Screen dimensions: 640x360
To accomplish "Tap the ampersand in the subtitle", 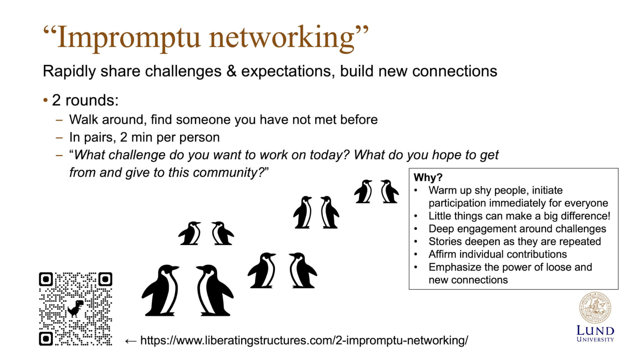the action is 231,71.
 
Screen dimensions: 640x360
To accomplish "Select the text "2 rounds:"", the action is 85,100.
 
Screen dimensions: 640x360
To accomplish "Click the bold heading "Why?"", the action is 428,177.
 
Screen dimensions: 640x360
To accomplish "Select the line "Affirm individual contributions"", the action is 497,254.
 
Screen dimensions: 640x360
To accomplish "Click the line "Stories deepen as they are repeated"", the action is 515,242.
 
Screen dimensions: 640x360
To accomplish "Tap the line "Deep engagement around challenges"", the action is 517,229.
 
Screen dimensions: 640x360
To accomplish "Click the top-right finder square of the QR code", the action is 105,279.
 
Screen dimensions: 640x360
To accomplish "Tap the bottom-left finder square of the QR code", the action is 46,338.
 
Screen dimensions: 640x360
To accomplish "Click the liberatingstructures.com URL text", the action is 304,340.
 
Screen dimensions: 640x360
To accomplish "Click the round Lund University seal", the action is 595,308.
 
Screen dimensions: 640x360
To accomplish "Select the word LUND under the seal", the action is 595,331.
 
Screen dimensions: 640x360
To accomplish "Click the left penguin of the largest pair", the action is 161,291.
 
